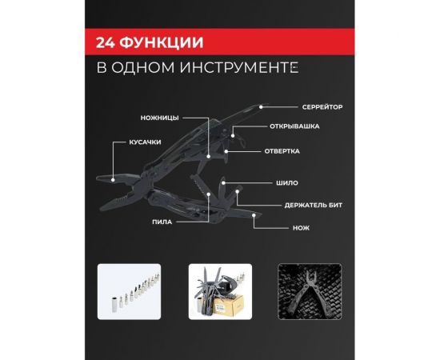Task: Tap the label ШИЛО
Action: click(x=286, y=183)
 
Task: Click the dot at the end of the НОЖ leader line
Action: click(x=254, y=214)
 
